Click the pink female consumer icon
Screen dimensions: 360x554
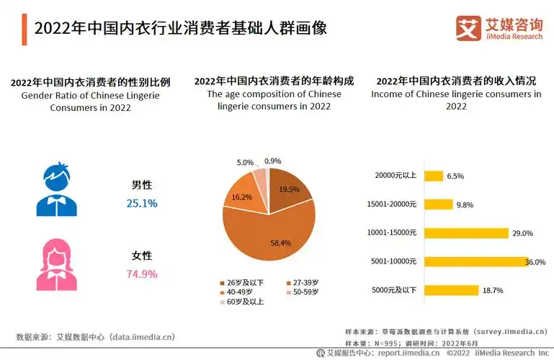(x=55, y=264)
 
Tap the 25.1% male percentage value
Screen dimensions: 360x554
(x=141, y=203)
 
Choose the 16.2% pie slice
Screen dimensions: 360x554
(x=241, y=196)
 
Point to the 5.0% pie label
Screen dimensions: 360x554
(x=245, y=163)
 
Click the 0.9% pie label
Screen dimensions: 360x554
(x=273, y=161)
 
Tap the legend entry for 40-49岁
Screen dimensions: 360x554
(x=241, y=292)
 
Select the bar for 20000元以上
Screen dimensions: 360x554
(x=433, y=176)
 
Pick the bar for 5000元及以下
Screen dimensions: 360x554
(x=451, y=290)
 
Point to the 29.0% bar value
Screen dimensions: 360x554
(x=522, y=233)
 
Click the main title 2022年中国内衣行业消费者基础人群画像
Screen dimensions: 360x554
(x=180, y=28)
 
